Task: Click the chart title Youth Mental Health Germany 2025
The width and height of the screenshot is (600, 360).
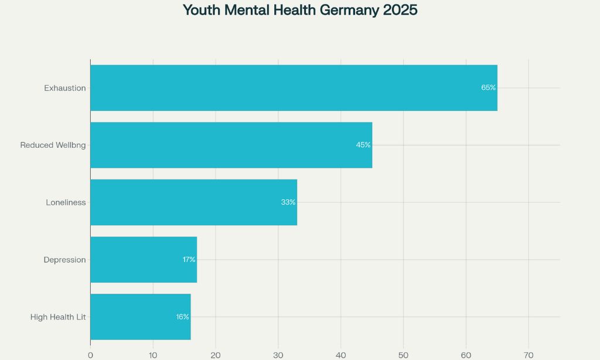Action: point(300,11)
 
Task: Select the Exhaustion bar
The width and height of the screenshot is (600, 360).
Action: point(293,88)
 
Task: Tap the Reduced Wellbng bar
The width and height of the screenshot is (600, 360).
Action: point(231,145)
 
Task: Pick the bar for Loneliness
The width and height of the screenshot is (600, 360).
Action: point(193,202)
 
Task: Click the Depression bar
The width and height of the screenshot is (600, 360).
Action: point(144,260)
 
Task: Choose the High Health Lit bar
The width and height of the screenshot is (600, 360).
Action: point(140,317)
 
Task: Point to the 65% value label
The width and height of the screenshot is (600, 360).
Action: point(488,87)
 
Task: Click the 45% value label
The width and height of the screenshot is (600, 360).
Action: point(363,145)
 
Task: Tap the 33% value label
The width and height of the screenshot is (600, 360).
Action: point(288,202)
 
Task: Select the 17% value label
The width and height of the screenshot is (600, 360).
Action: point(189,260)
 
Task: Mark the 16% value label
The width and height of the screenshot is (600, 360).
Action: point(182,317)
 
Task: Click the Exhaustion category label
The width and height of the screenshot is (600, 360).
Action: point(65,88)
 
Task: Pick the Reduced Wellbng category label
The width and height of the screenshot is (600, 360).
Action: point(53,145)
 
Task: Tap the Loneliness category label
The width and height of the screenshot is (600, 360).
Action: point(66,202)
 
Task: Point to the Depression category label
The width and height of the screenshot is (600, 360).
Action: point(64,260)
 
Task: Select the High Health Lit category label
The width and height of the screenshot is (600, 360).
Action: point(58,317)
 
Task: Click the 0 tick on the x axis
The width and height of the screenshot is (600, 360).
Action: point(90,355)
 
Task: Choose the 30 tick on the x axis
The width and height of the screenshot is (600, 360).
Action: point(278,355)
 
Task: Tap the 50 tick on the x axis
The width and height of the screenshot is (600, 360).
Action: point(403,355)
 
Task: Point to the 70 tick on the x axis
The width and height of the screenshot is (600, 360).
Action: point(529,355)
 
